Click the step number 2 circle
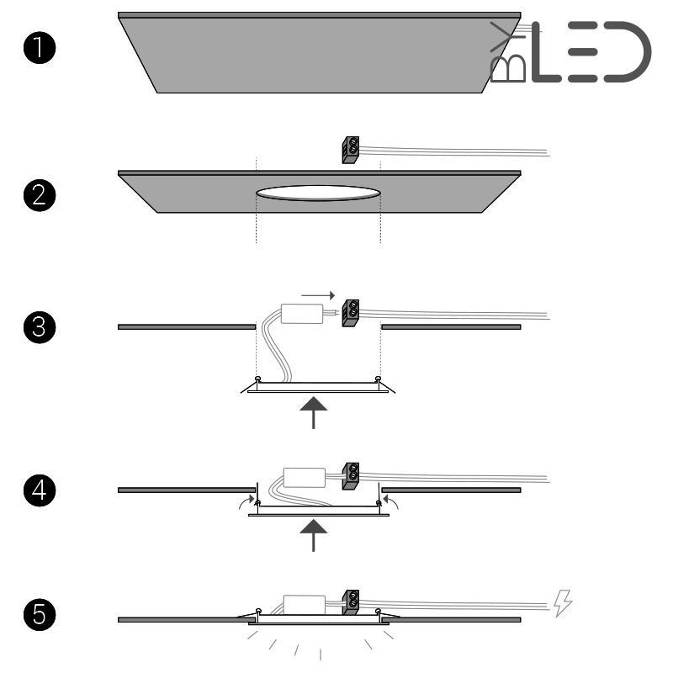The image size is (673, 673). [40, 199]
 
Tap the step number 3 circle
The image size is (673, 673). [40, 327]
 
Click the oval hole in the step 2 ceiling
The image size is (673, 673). [318, 193]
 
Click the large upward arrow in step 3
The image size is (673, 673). [314, 411]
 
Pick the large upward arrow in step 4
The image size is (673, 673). [314, 533]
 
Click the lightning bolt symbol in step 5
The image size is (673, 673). [564, 601]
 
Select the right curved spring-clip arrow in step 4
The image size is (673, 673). [390, 501]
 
